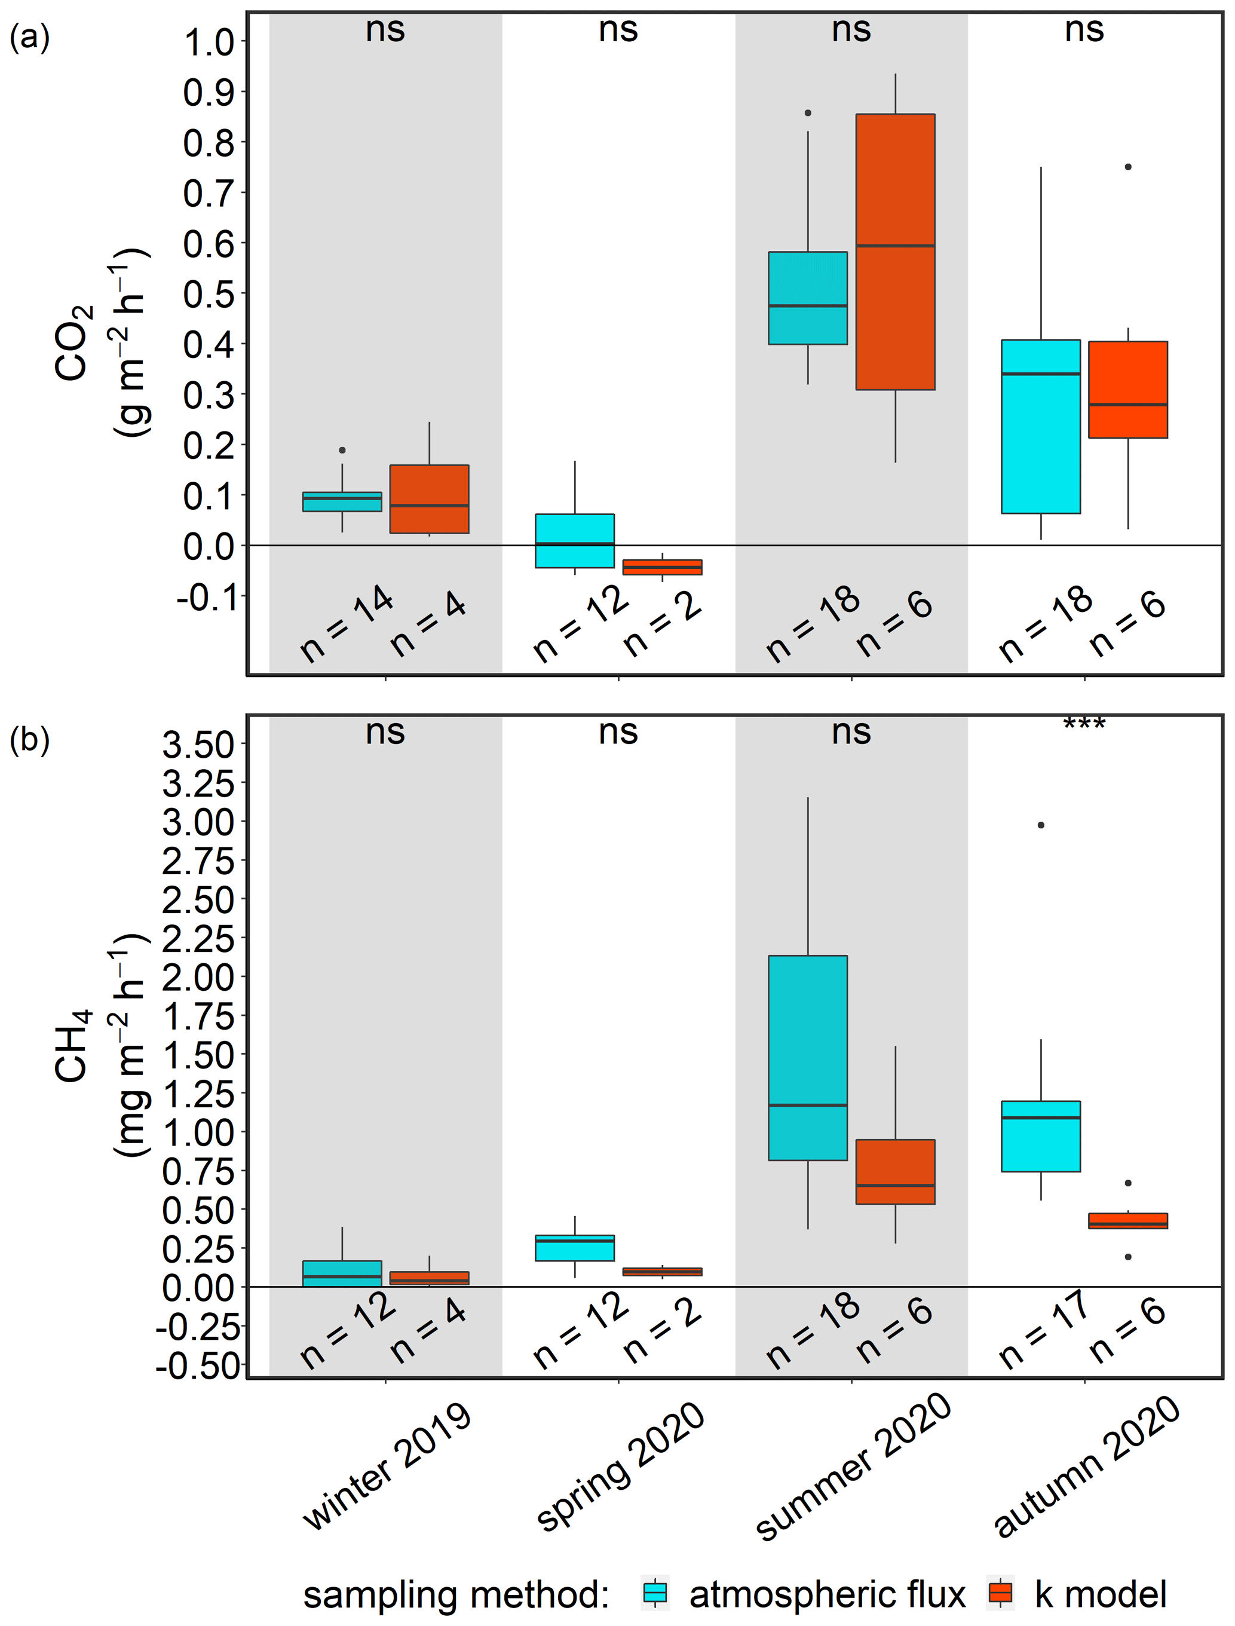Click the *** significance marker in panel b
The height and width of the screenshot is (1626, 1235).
click(x=1084, y=725)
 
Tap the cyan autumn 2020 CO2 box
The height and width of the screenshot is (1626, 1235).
click(x=1040, y=426)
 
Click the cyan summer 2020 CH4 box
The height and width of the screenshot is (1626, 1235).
click(x=807, y=1058)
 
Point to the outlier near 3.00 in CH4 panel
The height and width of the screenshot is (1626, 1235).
click(x=1041, y=825)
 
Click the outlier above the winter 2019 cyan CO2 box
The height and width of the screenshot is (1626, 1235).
click(x=342, y=450)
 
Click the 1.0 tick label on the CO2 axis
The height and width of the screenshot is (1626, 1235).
click(x=209, y=44)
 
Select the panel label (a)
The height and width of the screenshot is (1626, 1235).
click(x=29, y=37)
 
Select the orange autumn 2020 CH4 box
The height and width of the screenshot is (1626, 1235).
click(x=1127, y=1221)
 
